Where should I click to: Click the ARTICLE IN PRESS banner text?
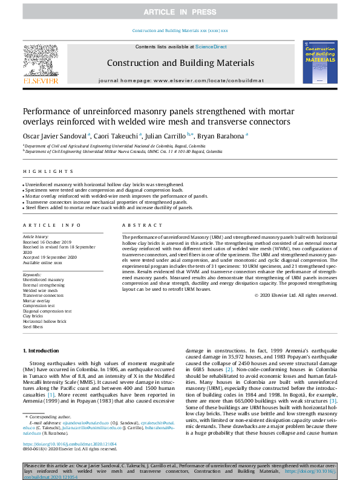180,12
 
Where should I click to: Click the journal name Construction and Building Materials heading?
180,62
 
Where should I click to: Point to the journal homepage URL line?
180,80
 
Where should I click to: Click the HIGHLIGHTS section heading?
39,172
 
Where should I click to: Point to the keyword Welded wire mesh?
40,290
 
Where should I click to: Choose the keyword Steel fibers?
33,326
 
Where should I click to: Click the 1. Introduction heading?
42,351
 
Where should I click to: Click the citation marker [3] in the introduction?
333,400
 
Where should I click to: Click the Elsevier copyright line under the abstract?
295,295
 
